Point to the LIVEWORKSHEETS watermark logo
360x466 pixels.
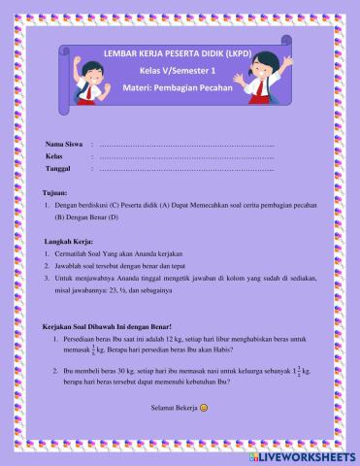(x=304, y=454)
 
